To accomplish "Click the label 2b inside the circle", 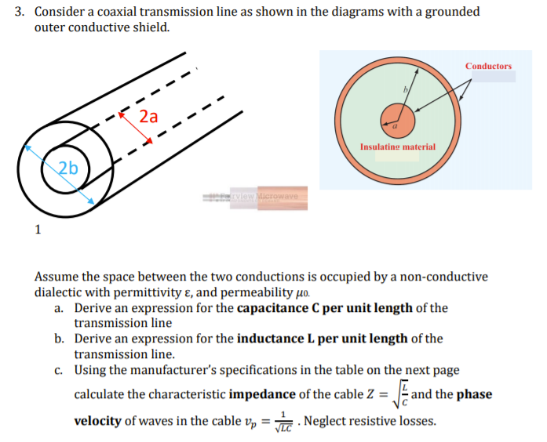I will click(69, 168).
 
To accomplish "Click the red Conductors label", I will click(488, 66).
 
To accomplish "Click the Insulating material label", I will click(397, 147).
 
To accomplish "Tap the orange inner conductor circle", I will click(397, 118).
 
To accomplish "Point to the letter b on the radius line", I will click(406, 91).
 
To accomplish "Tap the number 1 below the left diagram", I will click(36, 230).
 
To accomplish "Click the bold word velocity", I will click(97, 421).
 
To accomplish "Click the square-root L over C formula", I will click(398, 393).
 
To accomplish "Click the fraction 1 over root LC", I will click(286, 422).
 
